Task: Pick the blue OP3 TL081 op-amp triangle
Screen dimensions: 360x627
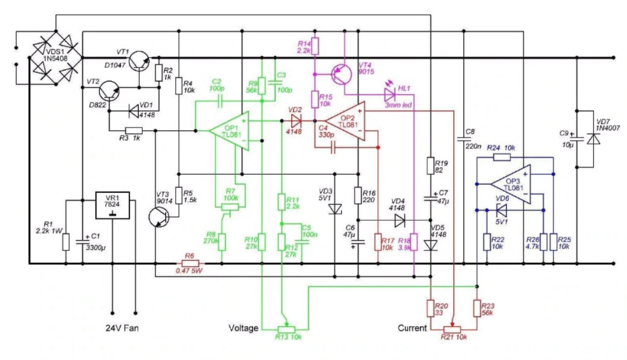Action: coord(511,183)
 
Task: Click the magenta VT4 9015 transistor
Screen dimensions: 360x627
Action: coord(339,74)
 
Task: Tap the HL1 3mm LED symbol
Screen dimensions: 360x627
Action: coord(389,94)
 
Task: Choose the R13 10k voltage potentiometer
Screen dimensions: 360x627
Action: coord(283,329)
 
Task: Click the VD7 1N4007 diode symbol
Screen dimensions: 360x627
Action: coord(592,139)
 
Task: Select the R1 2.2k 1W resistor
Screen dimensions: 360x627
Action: coord(66,242)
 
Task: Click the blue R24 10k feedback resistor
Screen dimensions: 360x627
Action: coord(502,157)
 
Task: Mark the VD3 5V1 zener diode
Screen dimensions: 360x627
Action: coord(334,209)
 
